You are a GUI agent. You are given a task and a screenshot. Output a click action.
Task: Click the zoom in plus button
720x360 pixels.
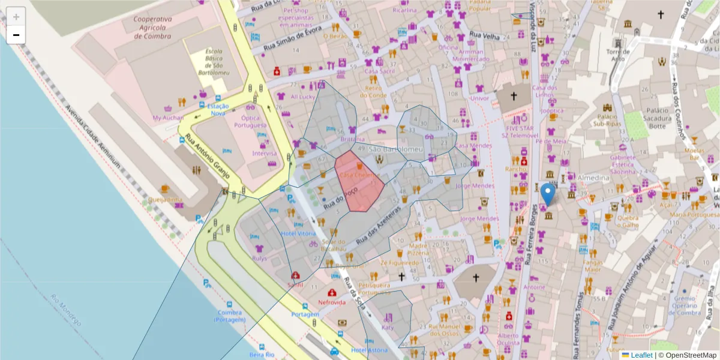16,17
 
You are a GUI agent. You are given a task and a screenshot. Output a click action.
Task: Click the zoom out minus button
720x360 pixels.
16,35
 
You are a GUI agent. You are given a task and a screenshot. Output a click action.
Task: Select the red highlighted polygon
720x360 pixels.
359,183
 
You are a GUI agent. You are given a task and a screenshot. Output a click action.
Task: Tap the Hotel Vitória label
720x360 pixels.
298,233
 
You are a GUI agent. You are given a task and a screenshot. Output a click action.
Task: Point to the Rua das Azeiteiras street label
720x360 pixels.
378,228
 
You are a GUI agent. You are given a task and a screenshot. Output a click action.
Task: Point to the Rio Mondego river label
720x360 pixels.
66,310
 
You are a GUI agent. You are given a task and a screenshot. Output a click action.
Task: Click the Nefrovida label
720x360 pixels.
332,302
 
